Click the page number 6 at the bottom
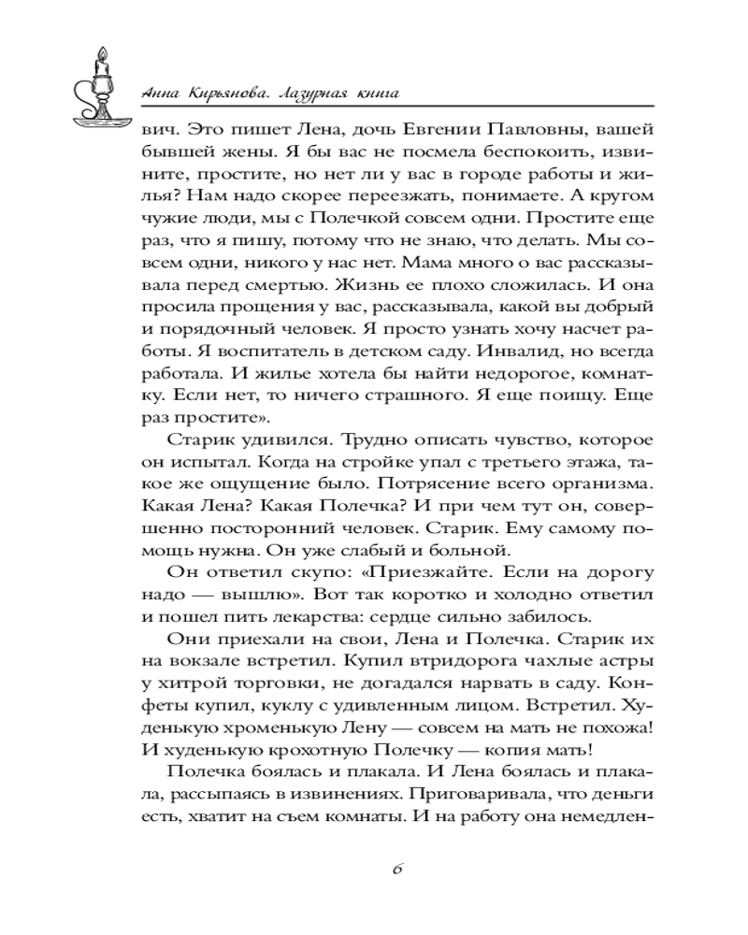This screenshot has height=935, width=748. click(396, 867)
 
